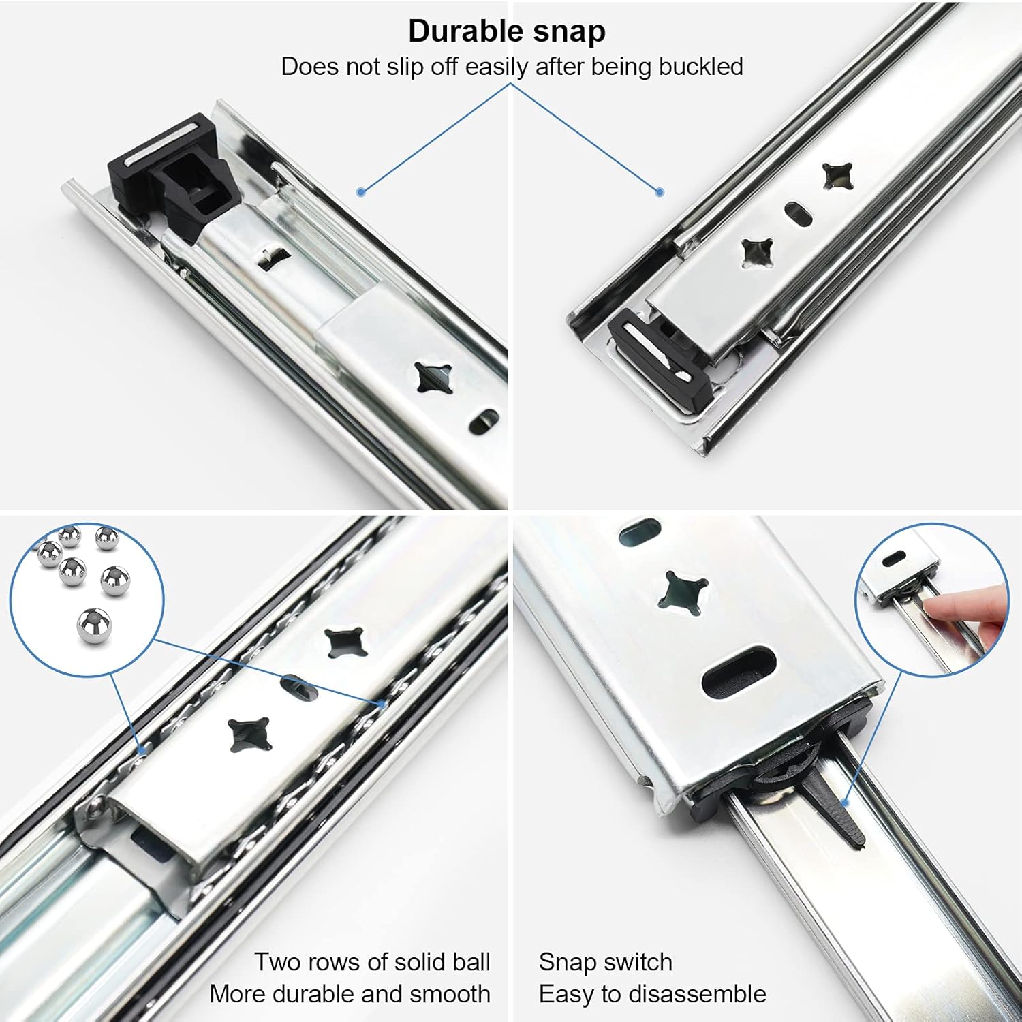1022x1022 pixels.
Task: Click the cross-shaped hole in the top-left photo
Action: pos(433,378)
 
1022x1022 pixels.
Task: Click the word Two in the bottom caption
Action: pos(278,962)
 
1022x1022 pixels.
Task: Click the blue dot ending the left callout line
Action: pos(362,193)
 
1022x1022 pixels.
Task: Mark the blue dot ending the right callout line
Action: pos(660,193)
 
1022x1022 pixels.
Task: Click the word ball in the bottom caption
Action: pos(470,962)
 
